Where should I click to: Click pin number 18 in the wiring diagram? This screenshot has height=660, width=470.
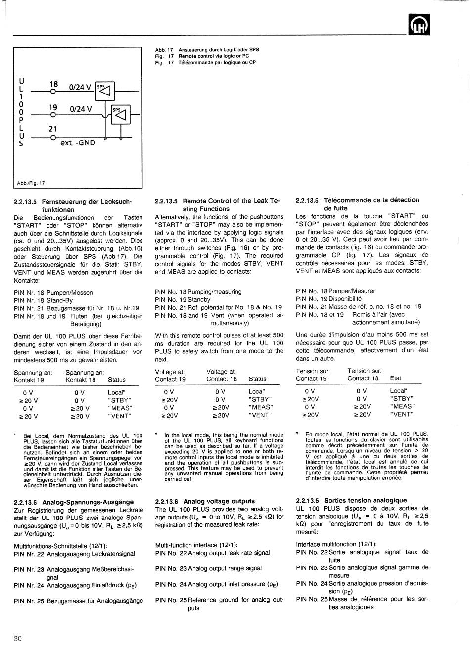pos(53,84)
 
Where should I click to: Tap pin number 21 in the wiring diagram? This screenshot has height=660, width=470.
pos(53,129)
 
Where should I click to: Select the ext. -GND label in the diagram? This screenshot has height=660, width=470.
pos(78,143)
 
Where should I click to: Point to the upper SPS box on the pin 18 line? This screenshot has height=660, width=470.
pos(105,91)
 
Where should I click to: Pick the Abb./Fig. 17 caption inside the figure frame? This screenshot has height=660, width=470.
pos(31,183)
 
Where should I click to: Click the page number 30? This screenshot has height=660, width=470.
pos(18,639)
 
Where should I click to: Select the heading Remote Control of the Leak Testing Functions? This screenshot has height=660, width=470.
pos(218,205)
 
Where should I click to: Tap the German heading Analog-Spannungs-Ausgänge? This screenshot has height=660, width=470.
pos(75,501)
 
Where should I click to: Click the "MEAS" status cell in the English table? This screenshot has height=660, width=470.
pos(260,407)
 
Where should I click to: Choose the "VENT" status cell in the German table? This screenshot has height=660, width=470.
pos(120,416)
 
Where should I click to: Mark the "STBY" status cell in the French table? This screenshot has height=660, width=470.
pos(401,398)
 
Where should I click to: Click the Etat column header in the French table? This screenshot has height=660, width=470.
pos(396,378)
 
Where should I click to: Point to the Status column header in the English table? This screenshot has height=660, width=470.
pos(257,379)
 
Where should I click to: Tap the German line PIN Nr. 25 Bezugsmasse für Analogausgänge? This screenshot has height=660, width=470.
pos(78,601)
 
